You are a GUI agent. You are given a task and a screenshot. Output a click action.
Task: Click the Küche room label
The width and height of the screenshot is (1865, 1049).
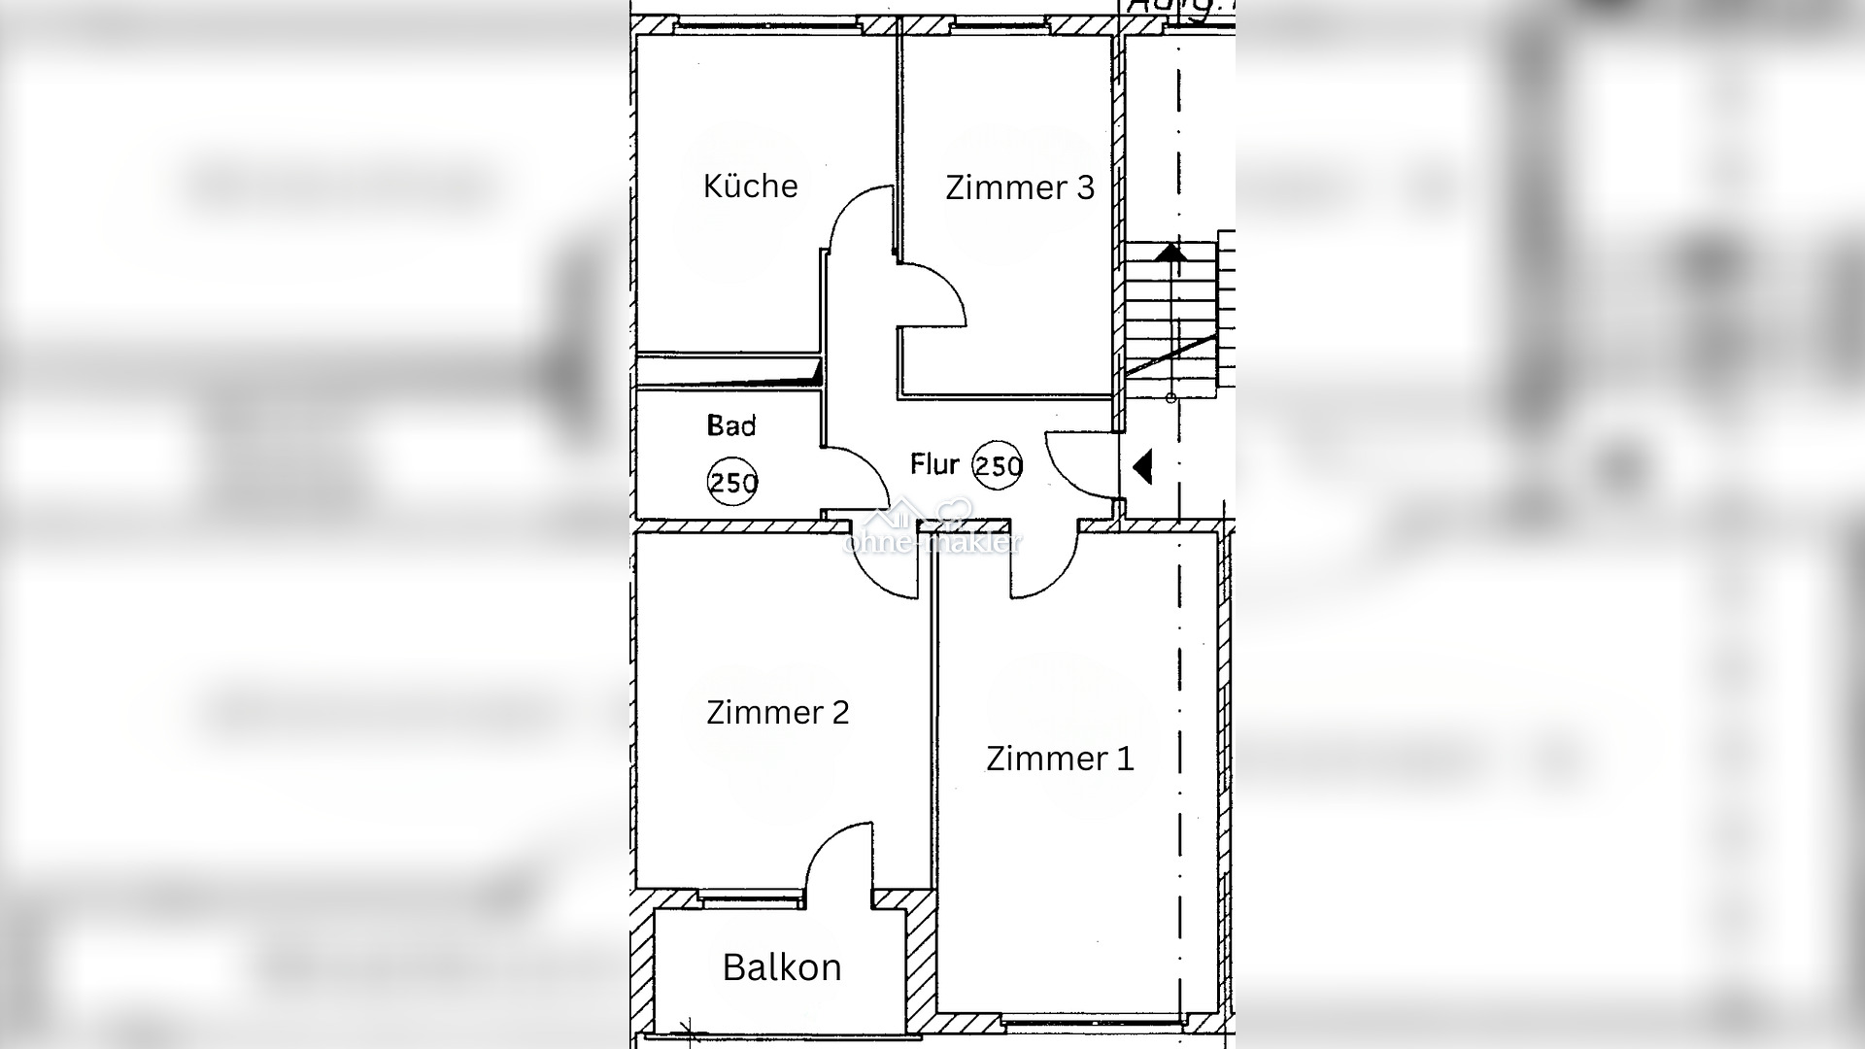coord(750,186)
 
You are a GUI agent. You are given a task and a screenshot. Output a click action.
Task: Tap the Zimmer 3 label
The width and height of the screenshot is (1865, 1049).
coord(1019,187)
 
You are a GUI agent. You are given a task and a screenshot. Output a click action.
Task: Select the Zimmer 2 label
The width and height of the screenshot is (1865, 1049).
coord(777,713)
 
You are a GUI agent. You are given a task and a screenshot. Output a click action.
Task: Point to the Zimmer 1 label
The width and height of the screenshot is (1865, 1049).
coord(1060,759)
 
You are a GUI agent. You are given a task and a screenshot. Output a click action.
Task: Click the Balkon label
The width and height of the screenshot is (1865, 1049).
coord(782,967)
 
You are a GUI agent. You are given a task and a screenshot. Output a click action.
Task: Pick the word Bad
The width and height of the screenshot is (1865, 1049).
coord(731,425)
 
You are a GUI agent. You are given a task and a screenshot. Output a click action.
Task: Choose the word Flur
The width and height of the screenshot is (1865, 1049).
coord(934,464)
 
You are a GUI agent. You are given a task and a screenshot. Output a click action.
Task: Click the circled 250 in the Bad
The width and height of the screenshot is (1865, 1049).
coord(732,482)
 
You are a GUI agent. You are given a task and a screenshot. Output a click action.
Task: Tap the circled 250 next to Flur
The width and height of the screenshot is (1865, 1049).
coord(998,466)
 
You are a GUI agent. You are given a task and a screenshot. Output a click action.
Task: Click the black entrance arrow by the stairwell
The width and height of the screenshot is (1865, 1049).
coord(1142,466)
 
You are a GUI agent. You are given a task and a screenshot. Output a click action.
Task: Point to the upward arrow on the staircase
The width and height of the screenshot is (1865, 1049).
coord(1170,253)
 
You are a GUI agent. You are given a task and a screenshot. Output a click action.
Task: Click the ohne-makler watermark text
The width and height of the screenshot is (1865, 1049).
coord(932,542)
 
